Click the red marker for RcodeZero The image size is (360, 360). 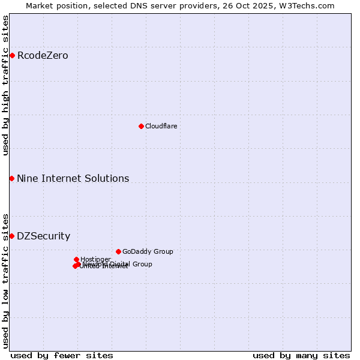tap(12, 56)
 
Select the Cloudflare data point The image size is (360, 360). tap(141, 126)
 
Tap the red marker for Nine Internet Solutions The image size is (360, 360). tap(12, 178)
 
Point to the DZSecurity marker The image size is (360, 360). tap(12, 236)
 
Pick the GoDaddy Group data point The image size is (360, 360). tap(118, 251)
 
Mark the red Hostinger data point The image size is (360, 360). tap(76, 259)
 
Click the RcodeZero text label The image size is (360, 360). tap(43, 56)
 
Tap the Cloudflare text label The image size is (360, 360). tap(161, 126)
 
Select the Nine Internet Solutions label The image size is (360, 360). tap(73, 178)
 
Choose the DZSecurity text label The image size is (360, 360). tap(43, 236)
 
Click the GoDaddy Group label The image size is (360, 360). tap(148, 251)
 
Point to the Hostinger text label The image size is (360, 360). tap(95, 259)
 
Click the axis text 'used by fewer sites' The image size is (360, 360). tap(62, 355)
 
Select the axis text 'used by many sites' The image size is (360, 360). tap(301, 355)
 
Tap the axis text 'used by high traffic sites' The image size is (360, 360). tap(6, 85)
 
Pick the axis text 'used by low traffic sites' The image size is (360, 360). tap(6, 280)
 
